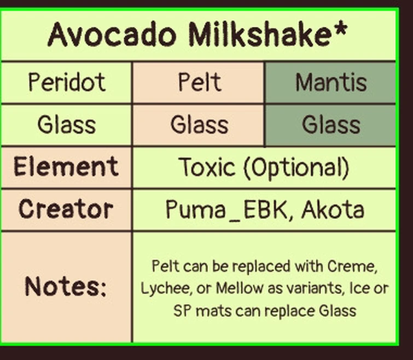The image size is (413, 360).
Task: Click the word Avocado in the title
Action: (x=112, y=35)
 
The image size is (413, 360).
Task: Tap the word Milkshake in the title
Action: (x=260, y=35)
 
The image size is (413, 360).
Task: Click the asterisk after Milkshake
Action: (x=340, y=30)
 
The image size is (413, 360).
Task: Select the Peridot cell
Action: (x=67, y=83)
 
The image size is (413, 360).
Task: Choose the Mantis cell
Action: (x=331, y=83)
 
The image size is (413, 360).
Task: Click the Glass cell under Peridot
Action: (x=67, y=125)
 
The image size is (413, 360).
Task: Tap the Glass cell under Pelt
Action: (x=199, y=125)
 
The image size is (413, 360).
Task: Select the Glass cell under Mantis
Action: (x=331, y=125)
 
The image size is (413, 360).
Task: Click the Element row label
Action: (x=66, y=166)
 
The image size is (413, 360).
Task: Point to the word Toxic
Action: (x=207, y=167)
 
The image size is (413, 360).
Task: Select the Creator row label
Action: (x=66, y=209)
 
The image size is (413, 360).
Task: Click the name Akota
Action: (x=333, y=210)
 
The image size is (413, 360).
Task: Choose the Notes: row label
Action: (x=66, y=287)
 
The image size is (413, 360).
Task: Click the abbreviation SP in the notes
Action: (x=183, y=311)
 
